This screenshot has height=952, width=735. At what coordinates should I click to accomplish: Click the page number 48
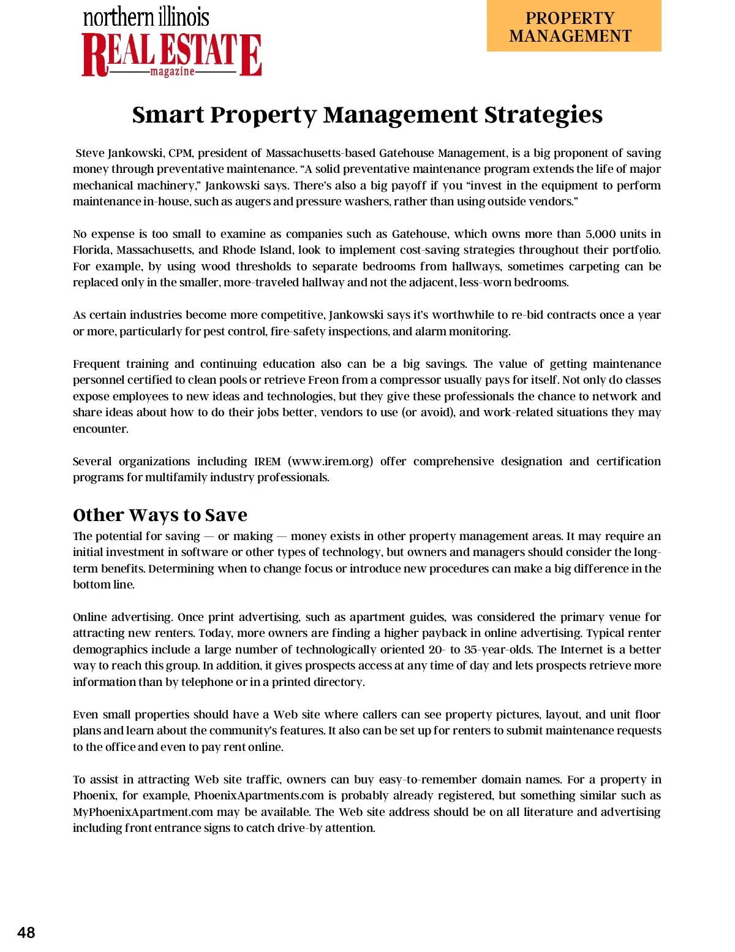pyautogui.click(x=26, y=932)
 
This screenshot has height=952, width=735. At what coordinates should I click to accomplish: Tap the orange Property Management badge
pyautogui.click(x=573, y=26)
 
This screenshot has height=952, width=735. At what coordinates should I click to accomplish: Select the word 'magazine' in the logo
pyautogui.click(x=172, y=72)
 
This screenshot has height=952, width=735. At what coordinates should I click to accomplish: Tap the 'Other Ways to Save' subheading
pyautogui.click(x=160, y=514)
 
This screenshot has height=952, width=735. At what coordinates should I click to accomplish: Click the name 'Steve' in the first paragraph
pyautogui.click(x=89, y=153)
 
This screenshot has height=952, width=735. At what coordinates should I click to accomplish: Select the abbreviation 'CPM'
pyautogui.click(x=180, y=153)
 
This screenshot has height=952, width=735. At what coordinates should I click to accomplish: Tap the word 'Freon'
pyautogui.click(x=323, y=380)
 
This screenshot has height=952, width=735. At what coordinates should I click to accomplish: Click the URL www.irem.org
pyautogui.click(x=330, y=462)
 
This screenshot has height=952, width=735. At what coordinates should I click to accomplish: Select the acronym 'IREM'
pyautogui.click(x=267, y=462)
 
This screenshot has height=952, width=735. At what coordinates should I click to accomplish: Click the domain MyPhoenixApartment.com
pyautogui.click(x=143, y=812)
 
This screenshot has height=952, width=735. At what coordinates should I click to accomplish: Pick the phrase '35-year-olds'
pyautogui.click(x=499, y=650)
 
